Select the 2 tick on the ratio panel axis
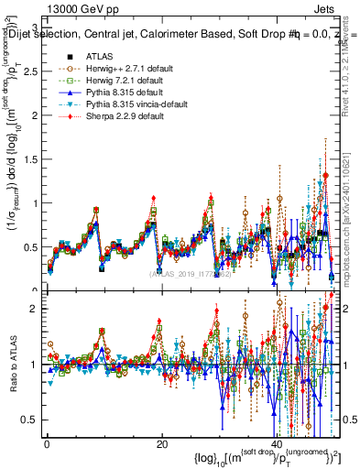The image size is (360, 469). coord(34,309)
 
